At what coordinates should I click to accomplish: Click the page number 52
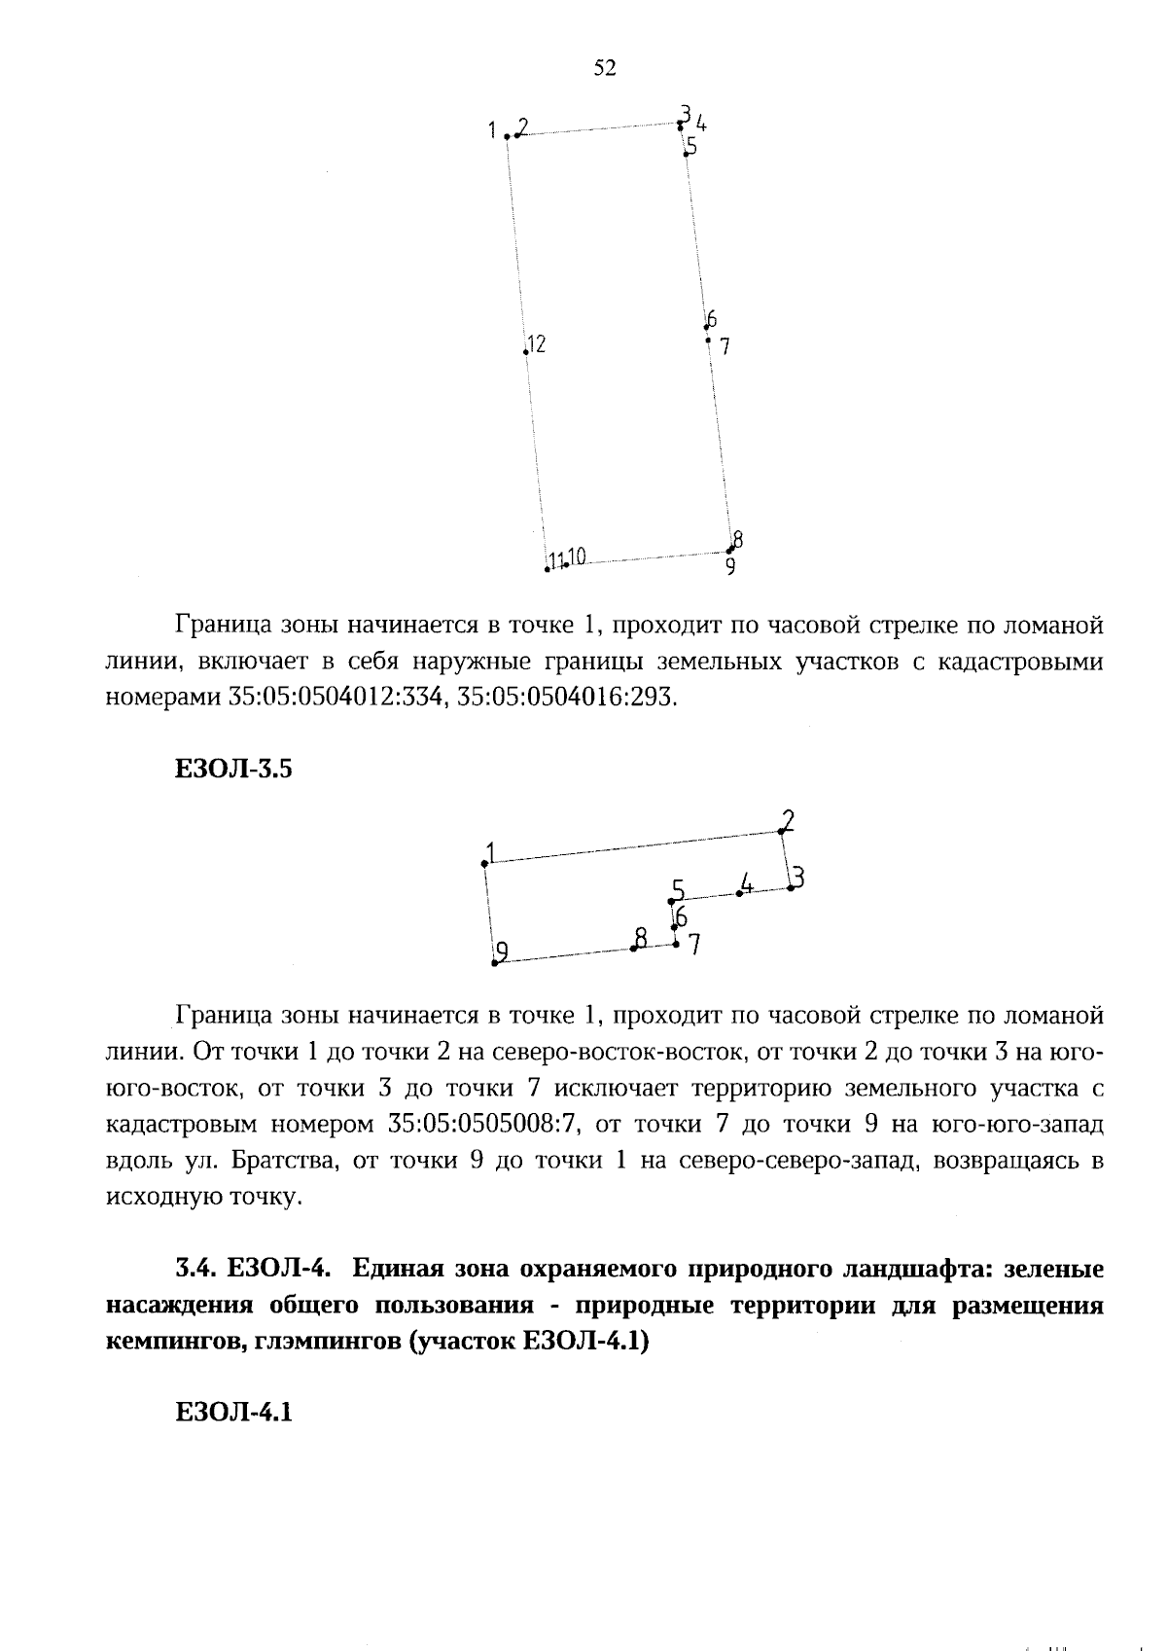click(604, 68)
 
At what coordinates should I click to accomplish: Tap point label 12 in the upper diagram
click(536, 343)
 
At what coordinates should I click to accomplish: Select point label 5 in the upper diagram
click(691, 147)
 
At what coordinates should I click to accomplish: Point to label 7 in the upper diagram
click(725, 345)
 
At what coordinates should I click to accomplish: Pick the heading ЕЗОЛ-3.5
click(233, 770)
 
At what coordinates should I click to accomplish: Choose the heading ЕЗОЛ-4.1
click(233, 1413)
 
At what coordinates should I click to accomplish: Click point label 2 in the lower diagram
click(788, 820)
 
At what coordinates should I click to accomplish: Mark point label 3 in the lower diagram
click(797, 878)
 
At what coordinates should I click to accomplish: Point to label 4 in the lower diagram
click(746, 883)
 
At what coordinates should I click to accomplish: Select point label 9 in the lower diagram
click(502, 951)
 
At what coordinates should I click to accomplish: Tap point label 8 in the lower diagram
click(640, 938)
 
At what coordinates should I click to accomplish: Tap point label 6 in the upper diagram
click(712, 319)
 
